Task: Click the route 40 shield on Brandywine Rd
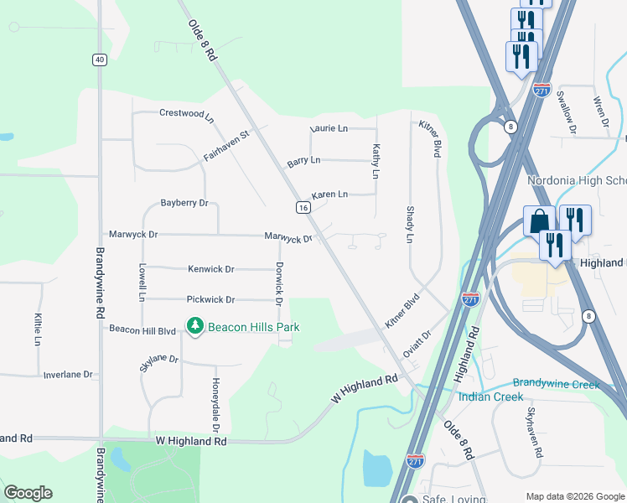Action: click(100, 60)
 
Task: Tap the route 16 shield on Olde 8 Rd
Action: click(303, 207)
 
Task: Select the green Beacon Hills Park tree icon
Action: click(195, 325)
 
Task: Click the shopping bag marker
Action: click(537, 221)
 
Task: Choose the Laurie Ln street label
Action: click(329, 128)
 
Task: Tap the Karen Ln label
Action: click(329, 194)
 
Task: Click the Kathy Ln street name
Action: click(376, 160)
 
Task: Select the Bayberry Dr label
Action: click(184, 203)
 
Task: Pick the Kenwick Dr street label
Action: click(211, 269)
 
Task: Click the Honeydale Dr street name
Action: click(215, 397)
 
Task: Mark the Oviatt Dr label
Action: click(417, 343)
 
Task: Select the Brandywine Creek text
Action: click(569, 383)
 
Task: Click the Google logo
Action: click(28, 493)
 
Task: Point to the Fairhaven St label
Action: click(226, 145)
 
